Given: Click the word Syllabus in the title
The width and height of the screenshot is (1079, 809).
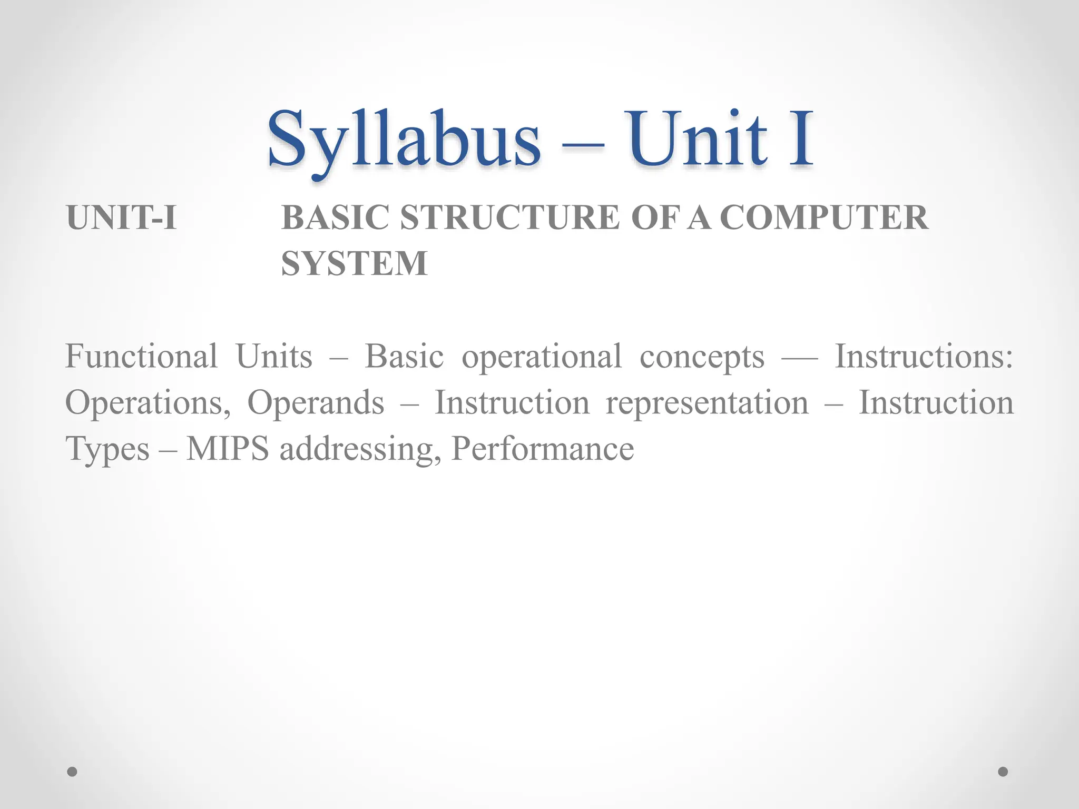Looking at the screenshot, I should coord(404,140).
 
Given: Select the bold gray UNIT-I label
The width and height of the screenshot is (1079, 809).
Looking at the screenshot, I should coord(121,218).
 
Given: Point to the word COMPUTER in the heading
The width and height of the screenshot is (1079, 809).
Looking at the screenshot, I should coord(823,218).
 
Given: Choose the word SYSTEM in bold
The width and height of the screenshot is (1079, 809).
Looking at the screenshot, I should coord(354,263).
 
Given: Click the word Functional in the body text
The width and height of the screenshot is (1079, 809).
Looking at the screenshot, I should coord(141,357).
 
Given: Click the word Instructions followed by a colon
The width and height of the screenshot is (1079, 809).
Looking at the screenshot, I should coord(924,357).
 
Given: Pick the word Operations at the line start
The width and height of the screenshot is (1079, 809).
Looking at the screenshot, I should coord(148,403).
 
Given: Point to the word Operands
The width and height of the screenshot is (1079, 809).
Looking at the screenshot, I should coord(316,403).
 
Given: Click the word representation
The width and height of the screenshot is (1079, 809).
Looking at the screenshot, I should coord(707,403).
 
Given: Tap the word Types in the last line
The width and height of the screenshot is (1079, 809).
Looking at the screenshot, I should coord(107,450).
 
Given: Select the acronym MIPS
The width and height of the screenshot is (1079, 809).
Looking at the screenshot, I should coord(228,449).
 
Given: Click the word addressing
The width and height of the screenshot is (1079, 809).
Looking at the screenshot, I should coord(360,450).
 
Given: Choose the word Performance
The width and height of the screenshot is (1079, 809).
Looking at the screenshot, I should coord(543,449).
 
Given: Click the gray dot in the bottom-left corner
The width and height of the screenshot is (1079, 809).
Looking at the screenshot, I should coord(73,772).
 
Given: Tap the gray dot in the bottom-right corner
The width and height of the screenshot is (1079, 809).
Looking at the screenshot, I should coord(1003,772).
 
